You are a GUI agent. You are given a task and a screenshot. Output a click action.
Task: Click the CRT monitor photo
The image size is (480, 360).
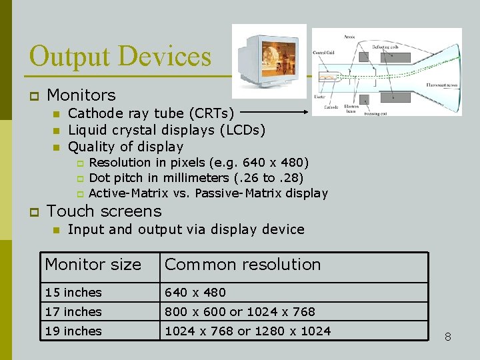click(x=269, y=57)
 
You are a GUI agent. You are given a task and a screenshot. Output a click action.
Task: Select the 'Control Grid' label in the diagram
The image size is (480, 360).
click(x=324, y=52)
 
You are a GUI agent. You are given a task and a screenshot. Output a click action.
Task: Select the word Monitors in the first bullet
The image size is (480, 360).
click(x=81, y=95)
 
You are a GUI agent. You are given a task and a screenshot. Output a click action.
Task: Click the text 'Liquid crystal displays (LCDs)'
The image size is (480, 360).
click(x=167, y=129)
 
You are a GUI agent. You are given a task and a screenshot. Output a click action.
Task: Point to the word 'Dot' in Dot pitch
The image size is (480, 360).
click(x=99, y=177)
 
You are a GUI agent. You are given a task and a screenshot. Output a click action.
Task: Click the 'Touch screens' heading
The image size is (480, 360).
click(x=104, y=211)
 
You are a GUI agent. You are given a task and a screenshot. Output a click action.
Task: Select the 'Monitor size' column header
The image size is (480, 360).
click(x=93, y=265)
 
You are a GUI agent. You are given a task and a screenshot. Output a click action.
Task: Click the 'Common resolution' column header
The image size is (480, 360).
click(x=243, y=265)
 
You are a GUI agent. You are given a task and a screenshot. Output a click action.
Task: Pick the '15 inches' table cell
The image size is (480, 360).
click(x=73, y=293)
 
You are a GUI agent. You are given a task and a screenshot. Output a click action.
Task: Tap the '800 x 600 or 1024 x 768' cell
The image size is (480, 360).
click(x=240, y=311)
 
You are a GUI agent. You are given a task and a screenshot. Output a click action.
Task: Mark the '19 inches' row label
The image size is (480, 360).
click(x=73, y=331)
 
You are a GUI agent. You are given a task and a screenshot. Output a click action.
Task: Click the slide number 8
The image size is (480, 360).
click(x=448, y=337)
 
